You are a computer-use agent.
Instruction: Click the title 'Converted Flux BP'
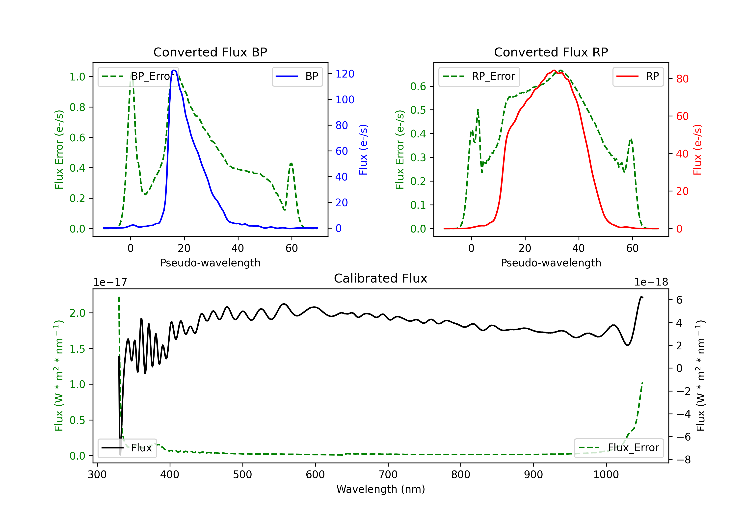210,52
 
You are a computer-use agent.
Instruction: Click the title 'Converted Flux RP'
551,52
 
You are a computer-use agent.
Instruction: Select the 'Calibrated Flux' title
381,278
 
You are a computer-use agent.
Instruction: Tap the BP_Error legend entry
138,76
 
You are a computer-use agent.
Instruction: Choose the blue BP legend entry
297,76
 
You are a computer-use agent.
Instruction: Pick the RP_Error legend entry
479,76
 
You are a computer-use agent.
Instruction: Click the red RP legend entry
638,76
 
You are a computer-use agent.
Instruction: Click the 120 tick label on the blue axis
345,74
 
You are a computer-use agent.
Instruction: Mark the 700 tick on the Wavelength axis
388,475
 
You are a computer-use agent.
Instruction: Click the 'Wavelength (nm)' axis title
381,489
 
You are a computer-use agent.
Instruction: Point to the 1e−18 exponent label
651,282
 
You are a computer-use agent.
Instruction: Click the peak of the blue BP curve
174,70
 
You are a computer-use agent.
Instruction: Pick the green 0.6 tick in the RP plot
418,86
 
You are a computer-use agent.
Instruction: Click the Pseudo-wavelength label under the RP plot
551,263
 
